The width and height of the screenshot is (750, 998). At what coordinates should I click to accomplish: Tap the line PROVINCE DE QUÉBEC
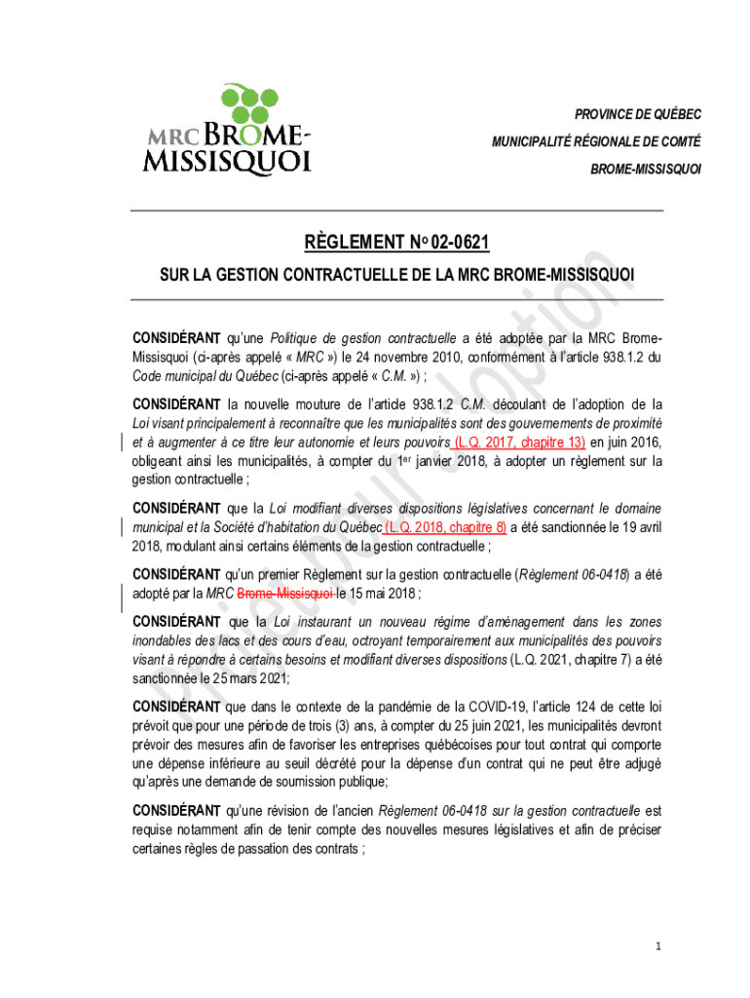(x=637, y=114)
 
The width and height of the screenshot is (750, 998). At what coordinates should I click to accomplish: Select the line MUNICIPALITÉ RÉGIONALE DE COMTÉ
(x=596, y=141)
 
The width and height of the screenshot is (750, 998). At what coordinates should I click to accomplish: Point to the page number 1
(x=659, y=946)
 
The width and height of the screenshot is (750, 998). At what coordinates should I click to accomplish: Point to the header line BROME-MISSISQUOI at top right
(x=646, y=169)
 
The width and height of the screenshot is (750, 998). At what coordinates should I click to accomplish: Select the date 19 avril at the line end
(x=633, y=527)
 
